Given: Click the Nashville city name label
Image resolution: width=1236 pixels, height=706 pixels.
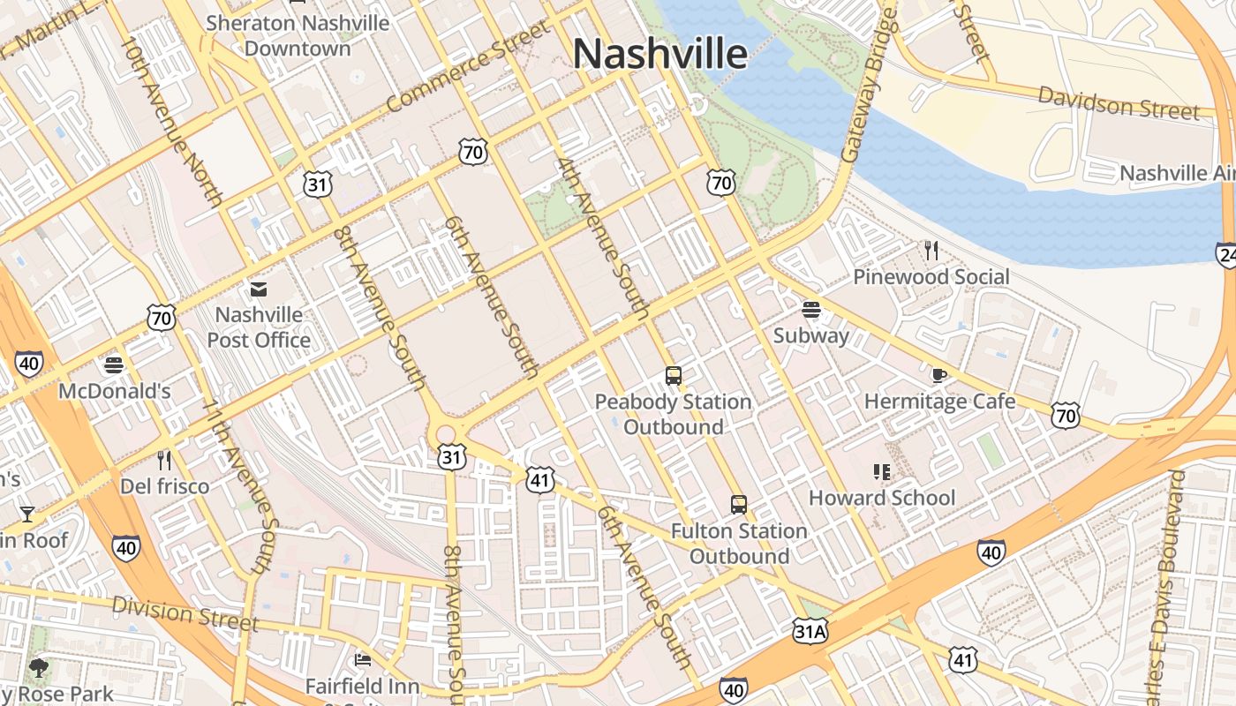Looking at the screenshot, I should [660, 54].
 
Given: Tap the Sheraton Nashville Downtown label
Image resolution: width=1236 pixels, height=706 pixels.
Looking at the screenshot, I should [298, 35].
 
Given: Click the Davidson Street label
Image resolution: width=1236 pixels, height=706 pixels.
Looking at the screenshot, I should [1118, 103].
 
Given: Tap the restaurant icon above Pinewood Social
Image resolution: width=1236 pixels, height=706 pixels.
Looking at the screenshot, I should [931, 251].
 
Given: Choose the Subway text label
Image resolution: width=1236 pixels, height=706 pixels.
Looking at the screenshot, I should [810, 335].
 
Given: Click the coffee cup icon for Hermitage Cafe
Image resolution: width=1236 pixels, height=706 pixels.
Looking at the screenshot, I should [939, 376].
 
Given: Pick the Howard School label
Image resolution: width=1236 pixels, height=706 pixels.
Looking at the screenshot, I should [881, 498].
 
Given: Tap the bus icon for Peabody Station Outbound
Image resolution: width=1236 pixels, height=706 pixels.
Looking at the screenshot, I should [674, 376].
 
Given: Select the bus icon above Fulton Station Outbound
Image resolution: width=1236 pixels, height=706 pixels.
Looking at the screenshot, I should [739, 505].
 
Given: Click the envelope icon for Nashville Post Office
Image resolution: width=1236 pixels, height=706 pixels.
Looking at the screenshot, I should [259, 289].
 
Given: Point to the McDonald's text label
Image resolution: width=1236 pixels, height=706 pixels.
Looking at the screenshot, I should [115, 391].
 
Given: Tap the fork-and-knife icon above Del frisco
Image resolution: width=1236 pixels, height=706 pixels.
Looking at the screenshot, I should [164, 460].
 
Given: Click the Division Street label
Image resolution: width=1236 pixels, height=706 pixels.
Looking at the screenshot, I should [185, 613].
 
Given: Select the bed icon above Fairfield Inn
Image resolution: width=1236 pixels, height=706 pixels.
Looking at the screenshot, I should [362, 659].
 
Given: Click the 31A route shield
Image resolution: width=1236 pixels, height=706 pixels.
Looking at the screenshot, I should [810, 631].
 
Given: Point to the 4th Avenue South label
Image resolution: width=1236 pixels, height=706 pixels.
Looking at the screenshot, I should [603, 238].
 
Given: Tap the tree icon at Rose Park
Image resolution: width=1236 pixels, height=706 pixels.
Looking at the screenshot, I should [38, 667].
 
